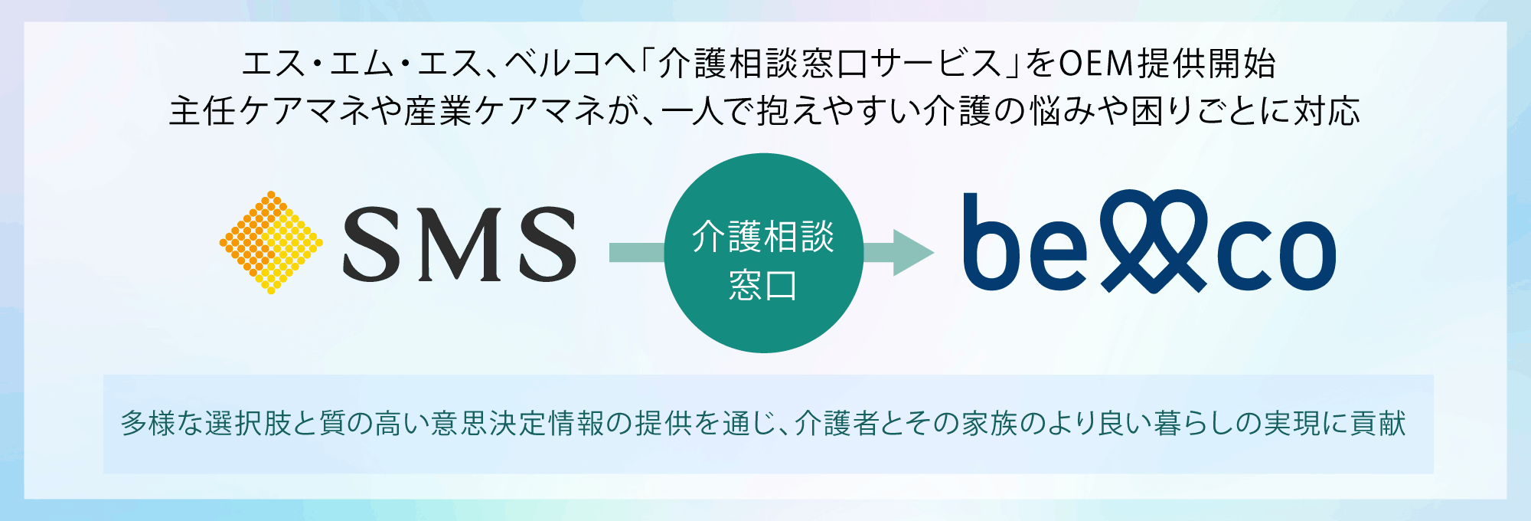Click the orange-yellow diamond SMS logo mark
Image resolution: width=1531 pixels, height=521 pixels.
271,242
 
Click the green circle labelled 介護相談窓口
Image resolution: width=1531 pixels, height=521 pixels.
763,253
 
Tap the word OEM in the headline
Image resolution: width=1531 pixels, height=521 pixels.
1095,64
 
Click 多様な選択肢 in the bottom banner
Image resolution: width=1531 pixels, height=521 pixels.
206,423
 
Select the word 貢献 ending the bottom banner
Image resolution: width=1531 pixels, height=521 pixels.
1378,423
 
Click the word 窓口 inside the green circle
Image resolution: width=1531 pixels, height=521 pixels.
762,285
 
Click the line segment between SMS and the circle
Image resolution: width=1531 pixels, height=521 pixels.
636,252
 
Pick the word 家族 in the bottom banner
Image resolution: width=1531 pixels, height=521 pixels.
987,423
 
